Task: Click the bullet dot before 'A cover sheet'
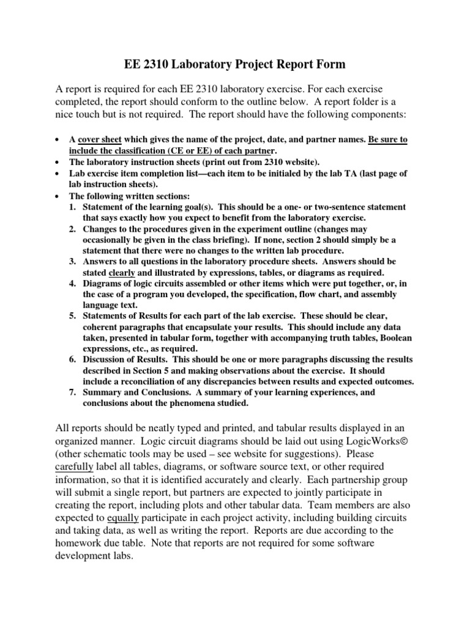click(57, 140)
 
